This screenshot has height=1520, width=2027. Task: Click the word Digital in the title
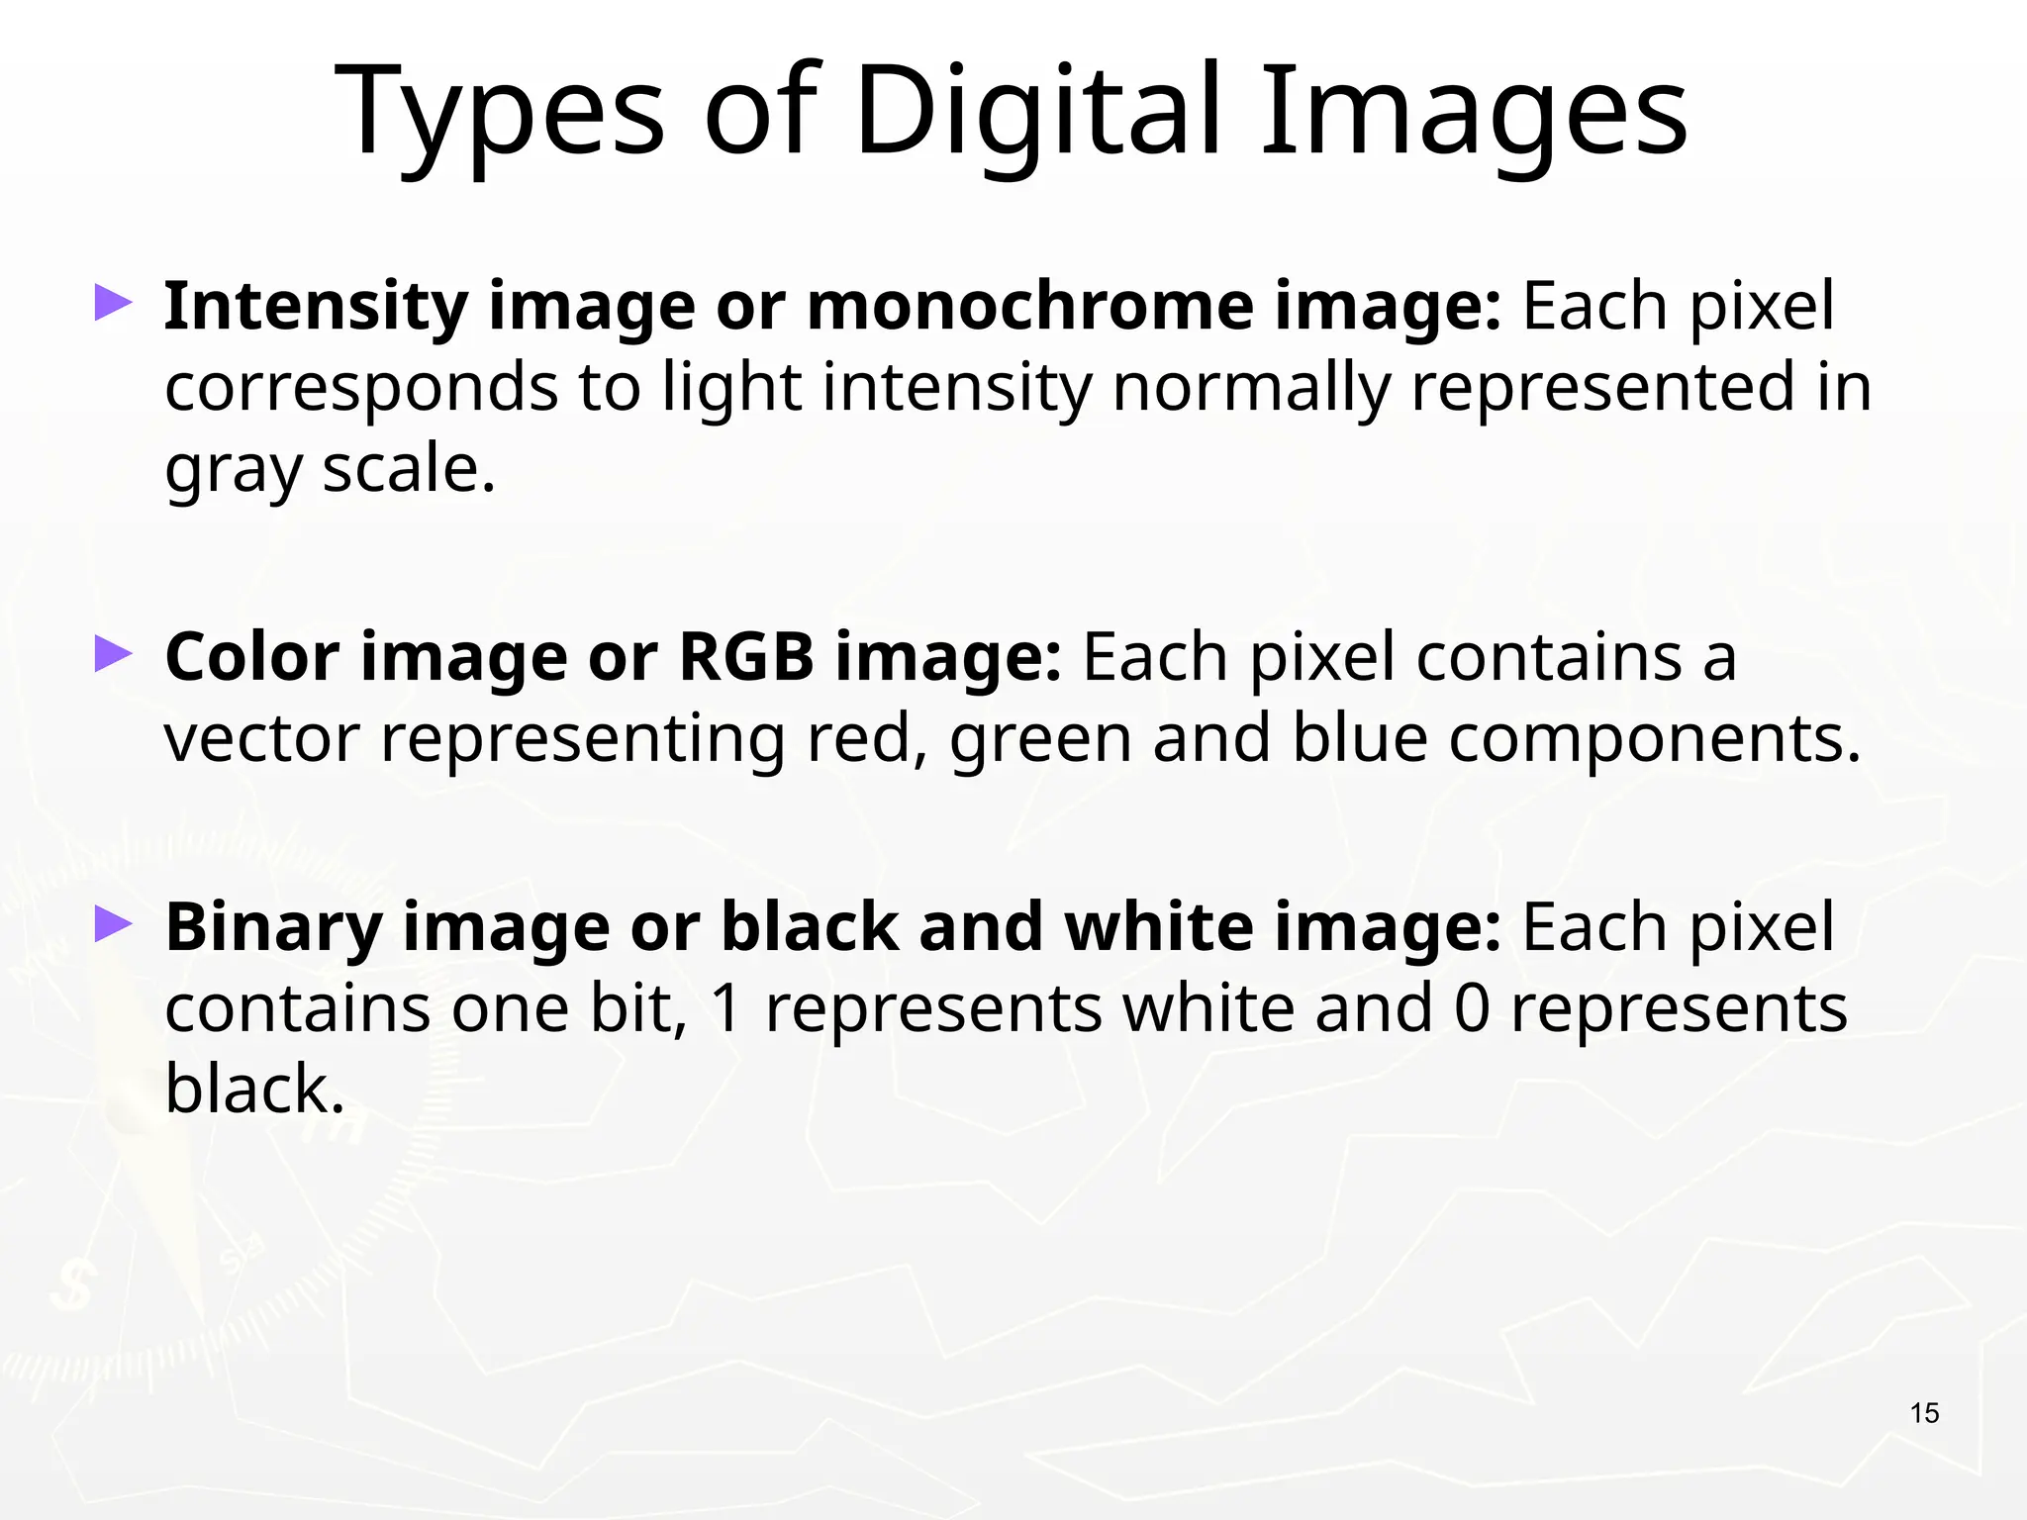click(x=1039, y=111)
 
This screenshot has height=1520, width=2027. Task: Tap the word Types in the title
click(x=501, y=113)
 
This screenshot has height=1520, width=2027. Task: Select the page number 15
click(x=1924, y=1413)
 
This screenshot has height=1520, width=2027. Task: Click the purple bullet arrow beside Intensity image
click(x=113, y=304)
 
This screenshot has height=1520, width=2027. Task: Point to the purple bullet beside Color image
click(x=113, y=654)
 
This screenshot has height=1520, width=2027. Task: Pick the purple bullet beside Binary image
click(x=113, y=925)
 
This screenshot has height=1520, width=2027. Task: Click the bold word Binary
click(x=273, y=928)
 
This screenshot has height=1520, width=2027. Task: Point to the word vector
click(x=261, y=738)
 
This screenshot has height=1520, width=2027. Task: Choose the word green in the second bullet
click(x=1040, y=740)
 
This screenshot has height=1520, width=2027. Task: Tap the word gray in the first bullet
click(x=233, y=470)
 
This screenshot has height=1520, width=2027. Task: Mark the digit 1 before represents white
click(x=725, y=1008)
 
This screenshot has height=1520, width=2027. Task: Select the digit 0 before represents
click(x=1472, y=1008)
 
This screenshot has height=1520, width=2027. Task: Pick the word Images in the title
click(x=1473, y=111)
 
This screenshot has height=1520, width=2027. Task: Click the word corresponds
click(x=361, y=388)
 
